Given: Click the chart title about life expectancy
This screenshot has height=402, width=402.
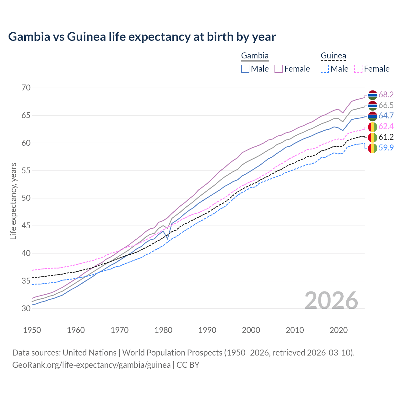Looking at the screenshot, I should click(x=142, y=37).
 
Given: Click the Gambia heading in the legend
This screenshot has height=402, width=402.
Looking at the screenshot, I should click(x=255, y=56).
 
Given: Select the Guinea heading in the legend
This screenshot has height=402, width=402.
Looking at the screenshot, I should click(x=333, y=56).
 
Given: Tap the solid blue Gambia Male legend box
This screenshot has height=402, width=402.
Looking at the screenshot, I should click(x=245, y=69).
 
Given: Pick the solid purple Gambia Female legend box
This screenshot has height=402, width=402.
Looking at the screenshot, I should click(x=279, y=69).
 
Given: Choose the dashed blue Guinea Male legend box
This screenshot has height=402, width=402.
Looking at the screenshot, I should click(x=325, y=69).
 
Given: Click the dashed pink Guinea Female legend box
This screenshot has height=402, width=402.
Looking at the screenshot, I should click(x=358, y=69).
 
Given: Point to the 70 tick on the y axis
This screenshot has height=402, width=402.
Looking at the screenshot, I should click(x=26, y=88).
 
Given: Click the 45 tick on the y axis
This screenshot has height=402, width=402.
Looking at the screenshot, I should click(x=26, y=225).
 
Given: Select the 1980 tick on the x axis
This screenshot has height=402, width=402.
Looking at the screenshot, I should click(x=164, y=330).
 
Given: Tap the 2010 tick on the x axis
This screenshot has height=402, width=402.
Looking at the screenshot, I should click(x=295, y=330).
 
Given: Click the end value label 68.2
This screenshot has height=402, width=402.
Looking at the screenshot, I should click(x=386, y=95).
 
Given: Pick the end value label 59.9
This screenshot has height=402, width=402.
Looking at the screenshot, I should click(x=386, y=148).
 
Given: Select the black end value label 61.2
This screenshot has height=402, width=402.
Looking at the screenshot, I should click(x=386, y=137).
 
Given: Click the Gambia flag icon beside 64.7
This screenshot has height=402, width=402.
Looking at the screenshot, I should click(x=372, y=116).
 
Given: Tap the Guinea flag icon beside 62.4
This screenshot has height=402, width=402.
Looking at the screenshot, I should click(x=372, y=127).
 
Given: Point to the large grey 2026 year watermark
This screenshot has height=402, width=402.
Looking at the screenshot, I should click(x=331, y=301).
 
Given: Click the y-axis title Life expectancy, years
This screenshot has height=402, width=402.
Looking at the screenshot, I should click(x=13, y=201).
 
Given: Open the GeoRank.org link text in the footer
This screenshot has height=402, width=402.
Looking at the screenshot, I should click(x=91, y=365).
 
